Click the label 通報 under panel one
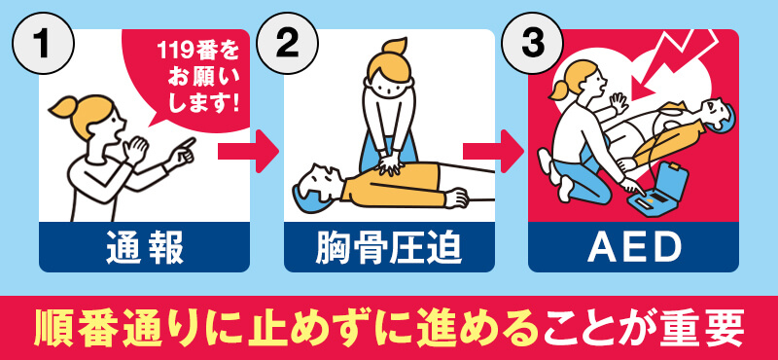coord(144,249)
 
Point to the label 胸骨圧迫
coord(389,249)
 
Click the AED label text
coord(633,249)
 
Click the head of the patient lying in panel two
coord(316,184)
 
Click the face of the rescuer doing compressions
coord(389,83)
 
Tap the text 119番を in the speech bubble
coord(194,52)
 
